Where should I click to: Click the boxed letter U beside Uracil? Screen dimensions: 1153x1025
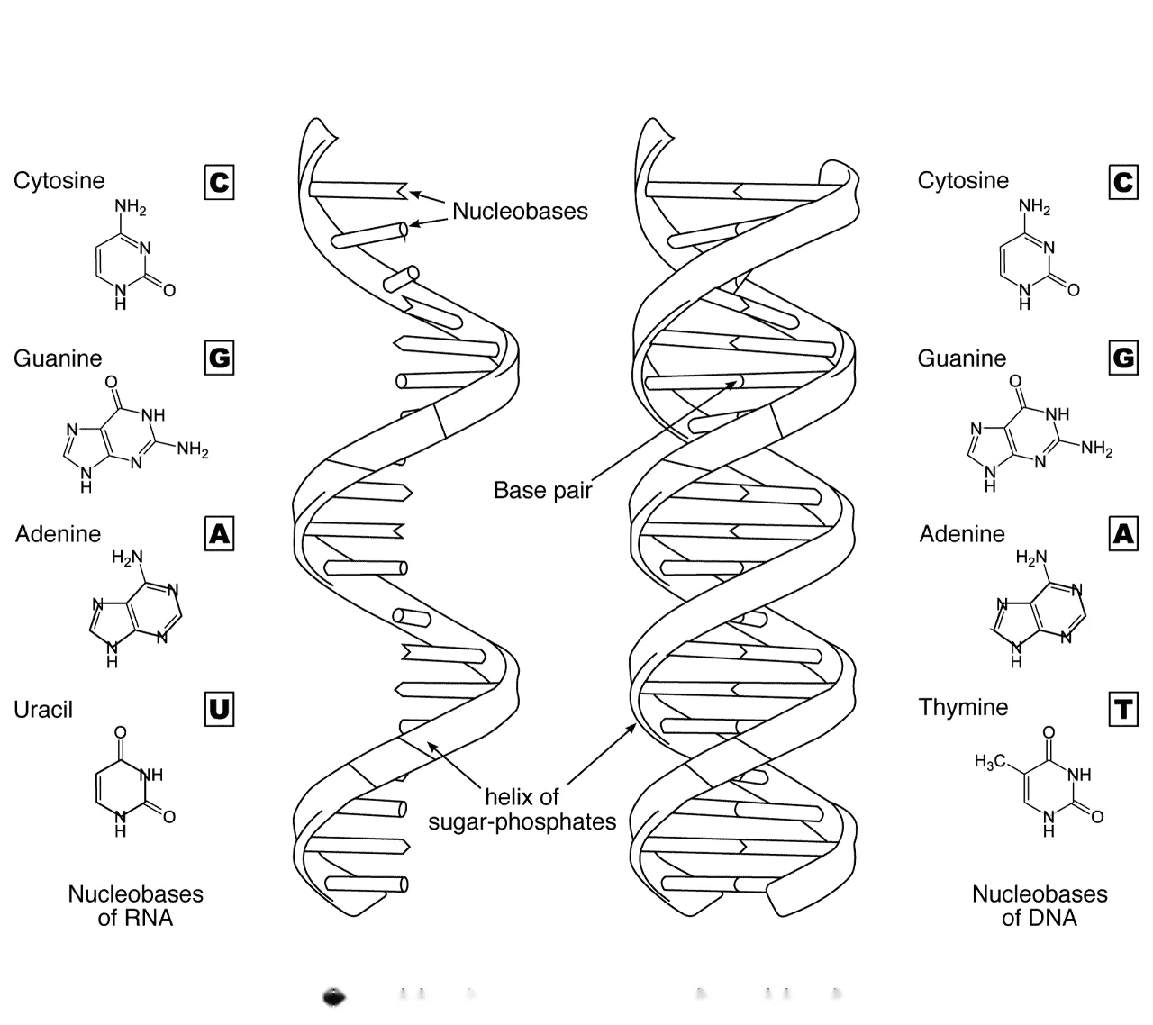pyautogui.click(x=219, y=709)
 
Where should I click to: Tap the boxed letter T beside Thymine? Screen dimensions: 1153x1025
pyautogui.click(x=1123, y=709)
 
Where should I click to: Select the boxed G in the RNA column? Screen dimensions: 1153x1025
pyautogui.click(x=219, y=358)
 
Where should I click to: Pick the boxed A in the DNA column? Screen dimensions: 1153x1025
pyautogui.click(x=1123, y=533)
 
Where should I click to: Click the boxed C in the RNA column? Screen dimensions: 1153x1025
pyautogui.click(x=219, y=182)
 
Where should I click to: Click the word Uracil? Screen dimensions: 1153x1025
pyautogui.click(x=43, y=709)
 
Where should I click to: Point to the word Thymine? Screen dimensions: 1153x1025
pyautogui.click(x=963, y=707)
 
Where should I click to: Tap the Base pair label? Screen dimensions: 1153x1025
pyautogui.click(x=542, y=490)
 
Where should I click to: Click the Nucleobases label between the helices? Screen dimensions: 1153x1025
pyautogui.click(x=520, y=211)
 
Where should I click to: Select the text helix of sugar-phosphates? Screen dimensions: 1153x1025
pyautogui.click(x=522, y=809)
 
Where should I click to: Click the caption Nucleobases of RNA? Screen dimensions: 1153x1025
pyautogui.click(x=135, y=905)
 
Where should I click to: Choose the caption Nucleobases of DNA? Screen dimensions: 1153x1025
pyautogui.click(x=1040, y=905)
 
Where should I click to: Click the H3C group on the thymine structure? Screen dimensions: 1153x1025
pyautogui.click(x=990, y=761)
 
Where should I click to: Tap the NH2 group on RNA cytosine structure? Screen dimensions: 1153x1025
pyautogui.click(x=131, y=206)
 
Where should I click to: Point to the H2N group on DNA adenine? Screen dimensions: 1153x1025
pyautogui.click(x=1031, y=558)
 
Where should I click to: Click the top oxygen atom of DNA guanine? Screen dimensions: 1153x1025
pyautogui.click(x=1015, y=381)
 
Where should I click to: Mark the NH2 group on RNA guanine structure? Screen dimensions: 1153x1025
pyautogui.click(x=193, y=449)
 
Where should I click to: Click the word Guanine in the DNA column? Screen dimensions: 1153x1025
pyautogui.click(x=962, y=358)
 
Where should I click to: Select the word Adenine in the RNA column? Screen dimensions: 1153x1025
pyautogui.click(x=58, y=534)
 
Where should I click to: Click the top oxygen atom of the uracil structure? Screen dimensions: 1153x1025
pyautogui.click(x=120, y=732)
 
